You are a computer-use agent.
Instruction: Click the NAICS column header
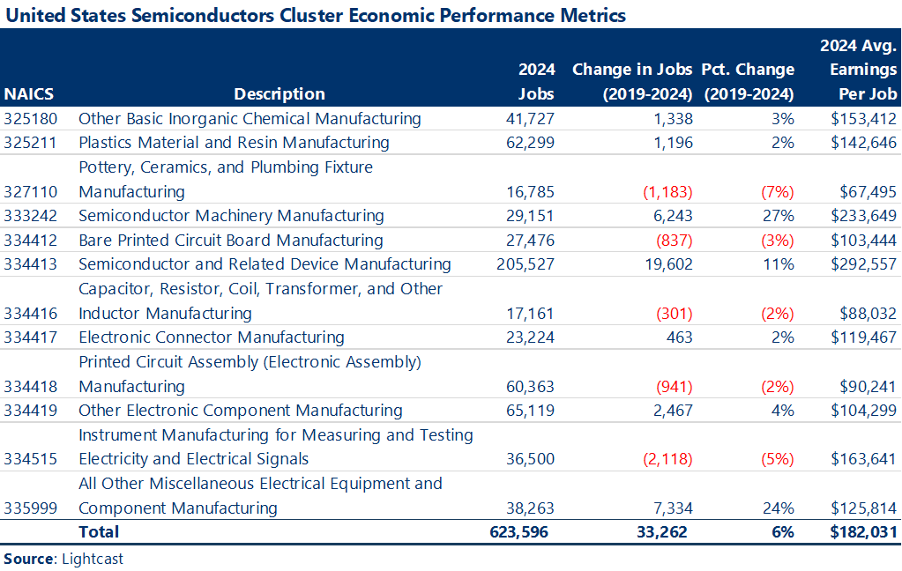(x=28, y=94)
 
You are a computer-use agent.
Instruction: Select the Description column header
(x=280, y=94)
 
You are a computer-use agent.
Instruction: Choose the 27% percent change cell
(x=779, y=216)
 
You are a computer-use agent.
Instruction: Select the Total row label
(x=99, y=532)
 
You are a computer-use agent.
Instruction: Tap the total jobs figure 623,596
(x=519, y=532)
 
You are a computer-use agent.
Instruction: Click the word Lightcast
(x=93, y=559)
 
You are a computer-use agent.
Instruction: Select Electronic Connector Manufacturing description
(x=211, y=337)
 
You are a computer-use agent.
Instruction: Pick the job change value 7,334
(x=672, y=508)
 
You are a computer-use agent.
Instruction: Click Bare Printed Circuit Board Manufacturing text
(x=231, y=241)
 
